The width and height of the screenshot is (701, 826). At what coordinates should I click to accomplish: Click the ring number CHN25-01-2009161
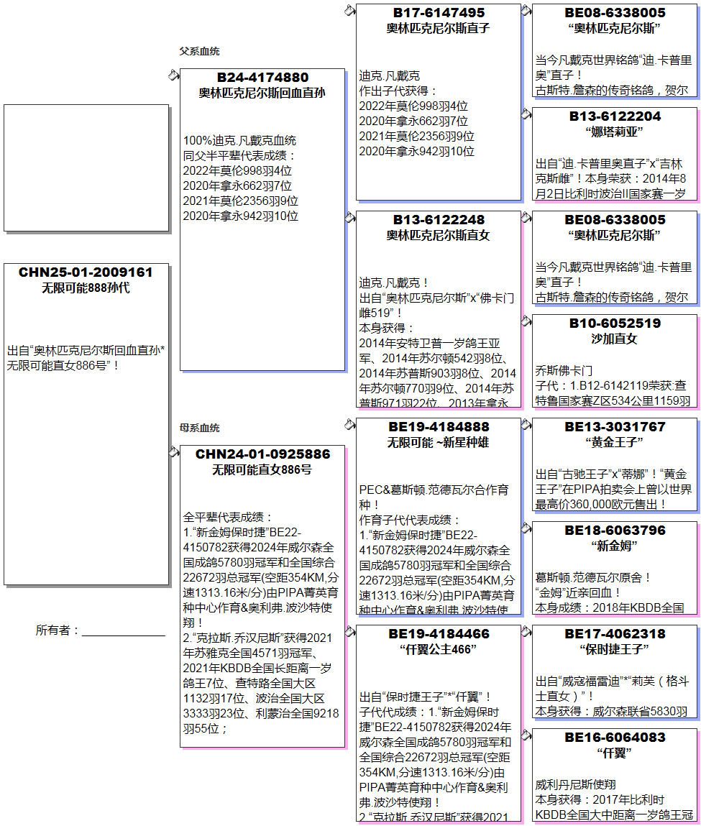click(86, 272)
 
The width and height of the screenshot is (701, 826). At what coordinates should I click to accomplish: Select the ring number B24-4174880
click(262, 78)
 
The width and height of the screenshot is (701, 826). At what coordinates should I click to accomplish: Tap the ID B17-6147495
click(439, 13)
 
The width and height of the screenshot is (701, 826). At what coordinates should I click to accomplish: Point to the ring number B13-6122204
click(615, 116)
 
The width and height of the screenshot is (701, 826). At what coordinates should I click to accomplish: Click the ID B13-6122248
click(439, 220)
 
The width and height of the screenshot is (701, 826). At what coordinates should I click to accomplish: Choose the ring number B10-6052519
click(615, 323)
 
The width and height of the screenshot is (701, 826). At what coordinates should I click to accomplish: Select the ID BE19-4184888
click(439, 427)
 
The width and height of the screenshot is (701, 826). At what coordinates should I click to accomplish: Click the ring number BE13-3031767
click(615, 427)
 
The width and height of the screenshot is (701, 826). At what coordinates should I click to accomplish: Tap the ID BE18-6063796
click(615, 531)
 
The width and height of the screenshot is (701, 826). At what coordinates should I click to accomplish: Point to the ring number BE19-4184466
click(439, 634)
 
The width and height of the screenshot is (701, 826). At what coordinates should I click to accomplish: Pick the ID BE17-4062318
click(615, 634)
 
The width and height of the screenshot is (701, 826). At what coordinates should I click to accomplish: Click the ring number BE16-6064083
click(615, 738)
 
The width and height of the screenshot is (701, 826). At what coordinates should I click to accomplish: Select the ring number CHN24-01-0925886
click(262, 454)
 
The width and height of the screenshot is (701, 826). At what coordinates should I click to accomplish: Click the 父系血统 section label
click(199, 52)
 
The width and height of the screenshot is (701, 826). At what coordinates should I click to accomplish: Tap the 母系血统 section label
click(199, 428)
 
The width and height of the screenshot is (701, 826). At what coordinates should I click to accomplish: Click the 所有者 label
click(57, 630)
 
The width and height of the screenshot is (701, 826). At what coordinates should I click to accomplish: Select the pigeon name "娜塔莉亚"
click(615, 132)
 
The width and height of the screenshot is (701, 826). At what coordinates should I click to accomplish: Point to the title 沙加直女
click(615, 339)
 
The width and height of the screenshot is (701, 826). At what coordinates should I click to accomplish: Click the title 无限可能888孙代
click(86, 288)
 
